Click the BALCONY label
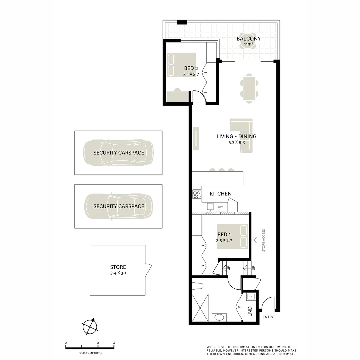coord(249,38)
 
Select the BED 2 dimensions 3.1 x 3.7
coord(191,75)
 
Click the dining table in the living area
coord(249,88)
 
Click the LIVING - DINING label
coord(236,136)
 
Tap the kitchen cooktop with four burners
coord(197,194)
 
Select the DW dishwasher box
coord(220,207)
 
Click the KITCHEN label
coord(220,194)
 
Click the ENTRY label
coord(268,317)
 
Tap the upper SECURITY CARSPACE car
coord(118,153)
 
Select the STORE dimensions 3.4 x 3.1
coord(118,273)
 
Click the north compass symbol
coord(90,326)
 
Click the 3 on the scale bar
coord(114,343)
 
